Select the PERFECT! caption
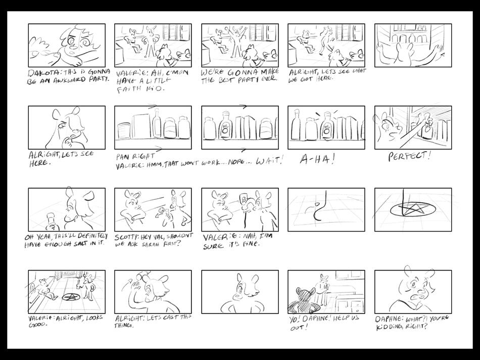click(x=410, y=157)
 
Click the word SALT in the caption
click(x=79, y=245)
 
